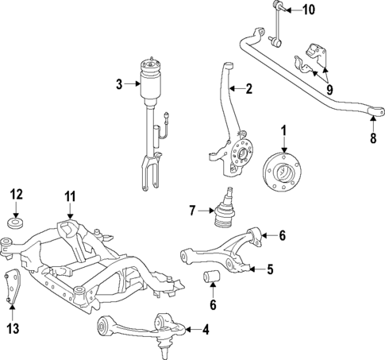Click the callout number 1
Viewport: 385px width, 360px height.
tap(284, 130)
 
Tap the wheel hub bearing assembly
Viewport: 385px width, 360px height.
tap(283, 169)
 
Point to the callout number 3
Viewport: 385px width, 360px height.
tap(117, 83)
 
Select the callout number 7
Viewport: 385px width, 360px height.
tap(191, 211)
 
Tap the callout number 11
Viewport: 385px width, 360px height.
tap(70, 195)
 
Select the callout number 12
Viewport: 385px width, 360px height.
tap(16, 194)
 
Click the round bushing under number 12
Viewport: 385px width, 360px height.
tap(16, 220)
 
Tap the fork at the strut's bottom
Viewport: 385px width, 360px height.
tap(147, 172)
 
